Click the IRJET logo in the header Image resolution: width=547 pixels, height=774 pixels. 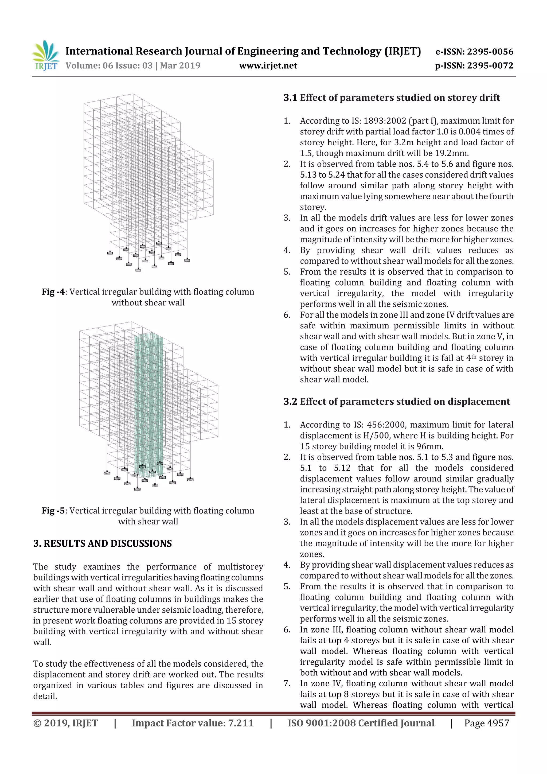(x=45, y=56)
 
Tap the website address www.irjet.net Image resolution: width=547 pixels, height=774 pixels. (x=268, y=65)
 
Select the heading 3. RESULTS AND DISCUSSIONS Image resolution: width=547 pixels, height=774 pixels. (x=103, y=543)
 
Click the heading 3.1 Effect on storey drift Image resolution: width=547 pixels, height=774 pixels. (x=391, y=98)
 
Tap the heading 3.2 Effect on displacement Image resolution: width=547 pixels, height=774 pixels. (x=396, y=402)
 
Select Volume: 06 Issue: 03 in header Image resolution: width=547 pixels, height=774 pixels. (x=109, y=65)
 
